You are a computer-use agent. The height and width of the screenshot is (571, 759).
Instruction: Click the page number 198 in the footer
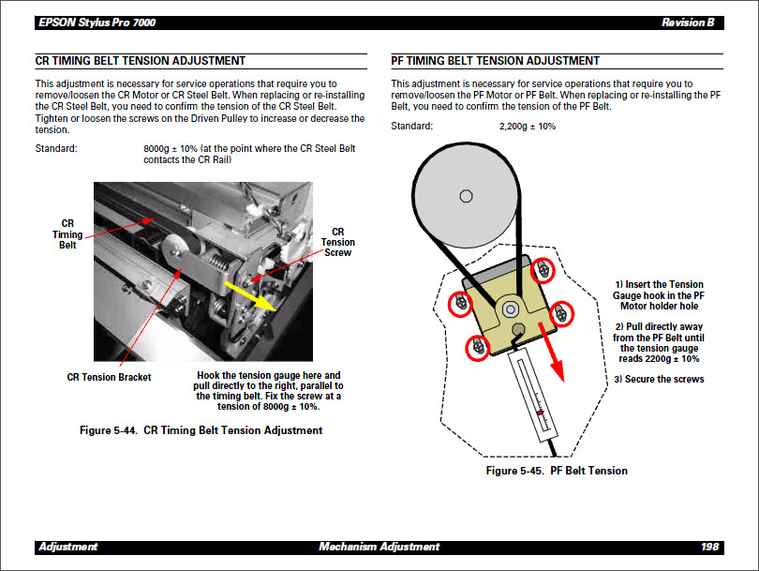pyautogui.click(x=709, y=547)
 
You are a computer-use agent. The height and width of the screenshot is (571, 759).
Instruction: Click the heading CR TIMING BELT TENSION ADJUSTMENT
pyautogui.click(x=141, y=61)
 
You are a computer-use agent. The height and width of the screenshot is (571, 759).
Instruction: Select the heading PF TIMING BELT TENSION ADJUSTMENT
pyautogui.click(x=496, y=61)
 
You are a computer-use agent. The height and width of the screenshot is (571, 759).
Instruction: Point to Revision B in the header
pyautogui.click(x=687, y=23)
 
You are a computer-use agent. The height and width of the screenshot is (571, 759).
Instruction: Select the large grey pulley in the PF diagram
pyautogui.click(x=465, y=198)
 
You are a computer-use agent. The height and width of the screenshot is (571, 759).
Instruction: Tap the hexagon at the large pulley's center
pyautogui.click(x=465, y=196)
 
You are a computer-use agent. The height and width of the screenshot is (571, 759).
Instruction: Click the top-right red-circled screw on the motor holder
pyautogui.click(x=542, y=271)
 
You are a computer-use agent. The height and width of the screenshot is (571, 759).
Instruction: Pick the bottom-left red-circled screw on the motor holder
pyautogui.click(x=478, y=347)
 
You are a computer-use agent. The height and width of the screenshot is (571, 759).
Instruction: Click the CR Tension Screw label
pyautogui.click(x=338, y=242)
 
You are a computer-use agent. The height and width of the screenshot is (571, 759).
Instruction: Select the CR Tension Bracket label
pyautogui.click(x=109, y=377)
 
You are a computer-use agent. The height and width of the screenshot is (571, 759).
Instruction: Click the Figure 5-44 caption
pyautogui.click(x=201, y=430)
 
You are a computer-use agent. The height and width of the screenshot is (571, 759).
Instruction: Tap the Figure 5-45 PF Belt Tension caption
pyautogui.click(x=557, y=471)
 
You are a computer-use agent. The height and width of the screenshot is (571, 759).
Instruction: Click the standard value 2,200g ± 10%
pyautogui.click(x=528, y=127)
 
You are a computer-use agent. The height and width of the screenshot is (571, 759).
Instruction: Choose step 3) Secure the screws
pyautogui.click(x=660, y=380)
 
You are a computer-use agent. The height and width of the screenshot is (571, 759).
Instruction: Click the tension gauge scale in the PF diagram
pyautogui.click(x=534, y=395)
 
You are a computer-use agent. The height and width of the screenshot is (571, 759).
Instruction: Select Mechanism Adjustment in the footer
pyautogui.click(x=379, y=547)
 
